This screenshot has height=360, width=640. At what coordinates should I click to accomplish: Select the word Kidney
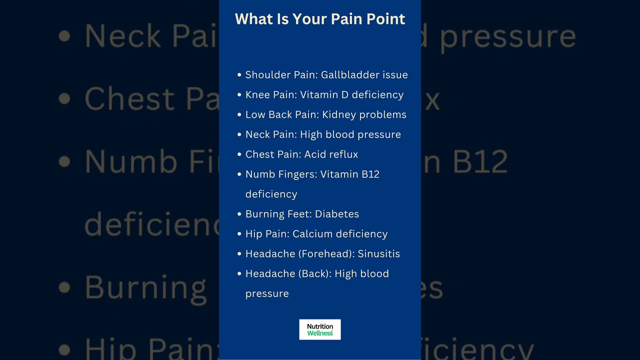tap(339, 115)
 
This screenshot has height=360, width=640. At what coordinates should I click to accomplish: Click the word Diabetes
tap(337, 214)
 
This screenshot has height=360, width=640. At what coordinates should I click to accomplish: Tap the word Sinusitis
tap(379, 253)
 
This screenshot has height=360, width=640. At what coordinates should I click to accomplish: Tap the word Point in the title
tap(385, 19)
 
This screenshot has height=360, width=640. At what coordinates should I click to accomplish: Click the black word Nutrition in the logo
tap(320, 326)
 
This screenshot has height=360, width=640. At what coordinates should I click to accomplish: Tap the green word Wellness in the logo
tap(320, 333)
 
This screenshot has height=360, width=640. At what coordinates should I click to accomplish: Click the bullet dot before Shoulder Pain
tap(239, 75)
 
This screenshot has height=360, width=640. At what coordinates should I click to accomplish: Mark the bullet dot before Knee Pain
tap(239, 94)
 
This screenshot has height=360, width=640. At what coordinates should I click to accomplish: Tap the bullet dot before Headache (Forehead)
tap(239, 253)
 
